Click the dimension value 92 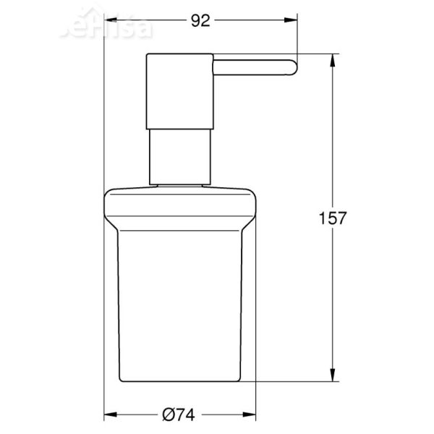click(202, 21)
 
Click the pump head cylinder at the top click(179, 90)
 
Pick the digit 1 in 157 click(321, 217)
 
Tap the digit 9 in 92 click(197, 21)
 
